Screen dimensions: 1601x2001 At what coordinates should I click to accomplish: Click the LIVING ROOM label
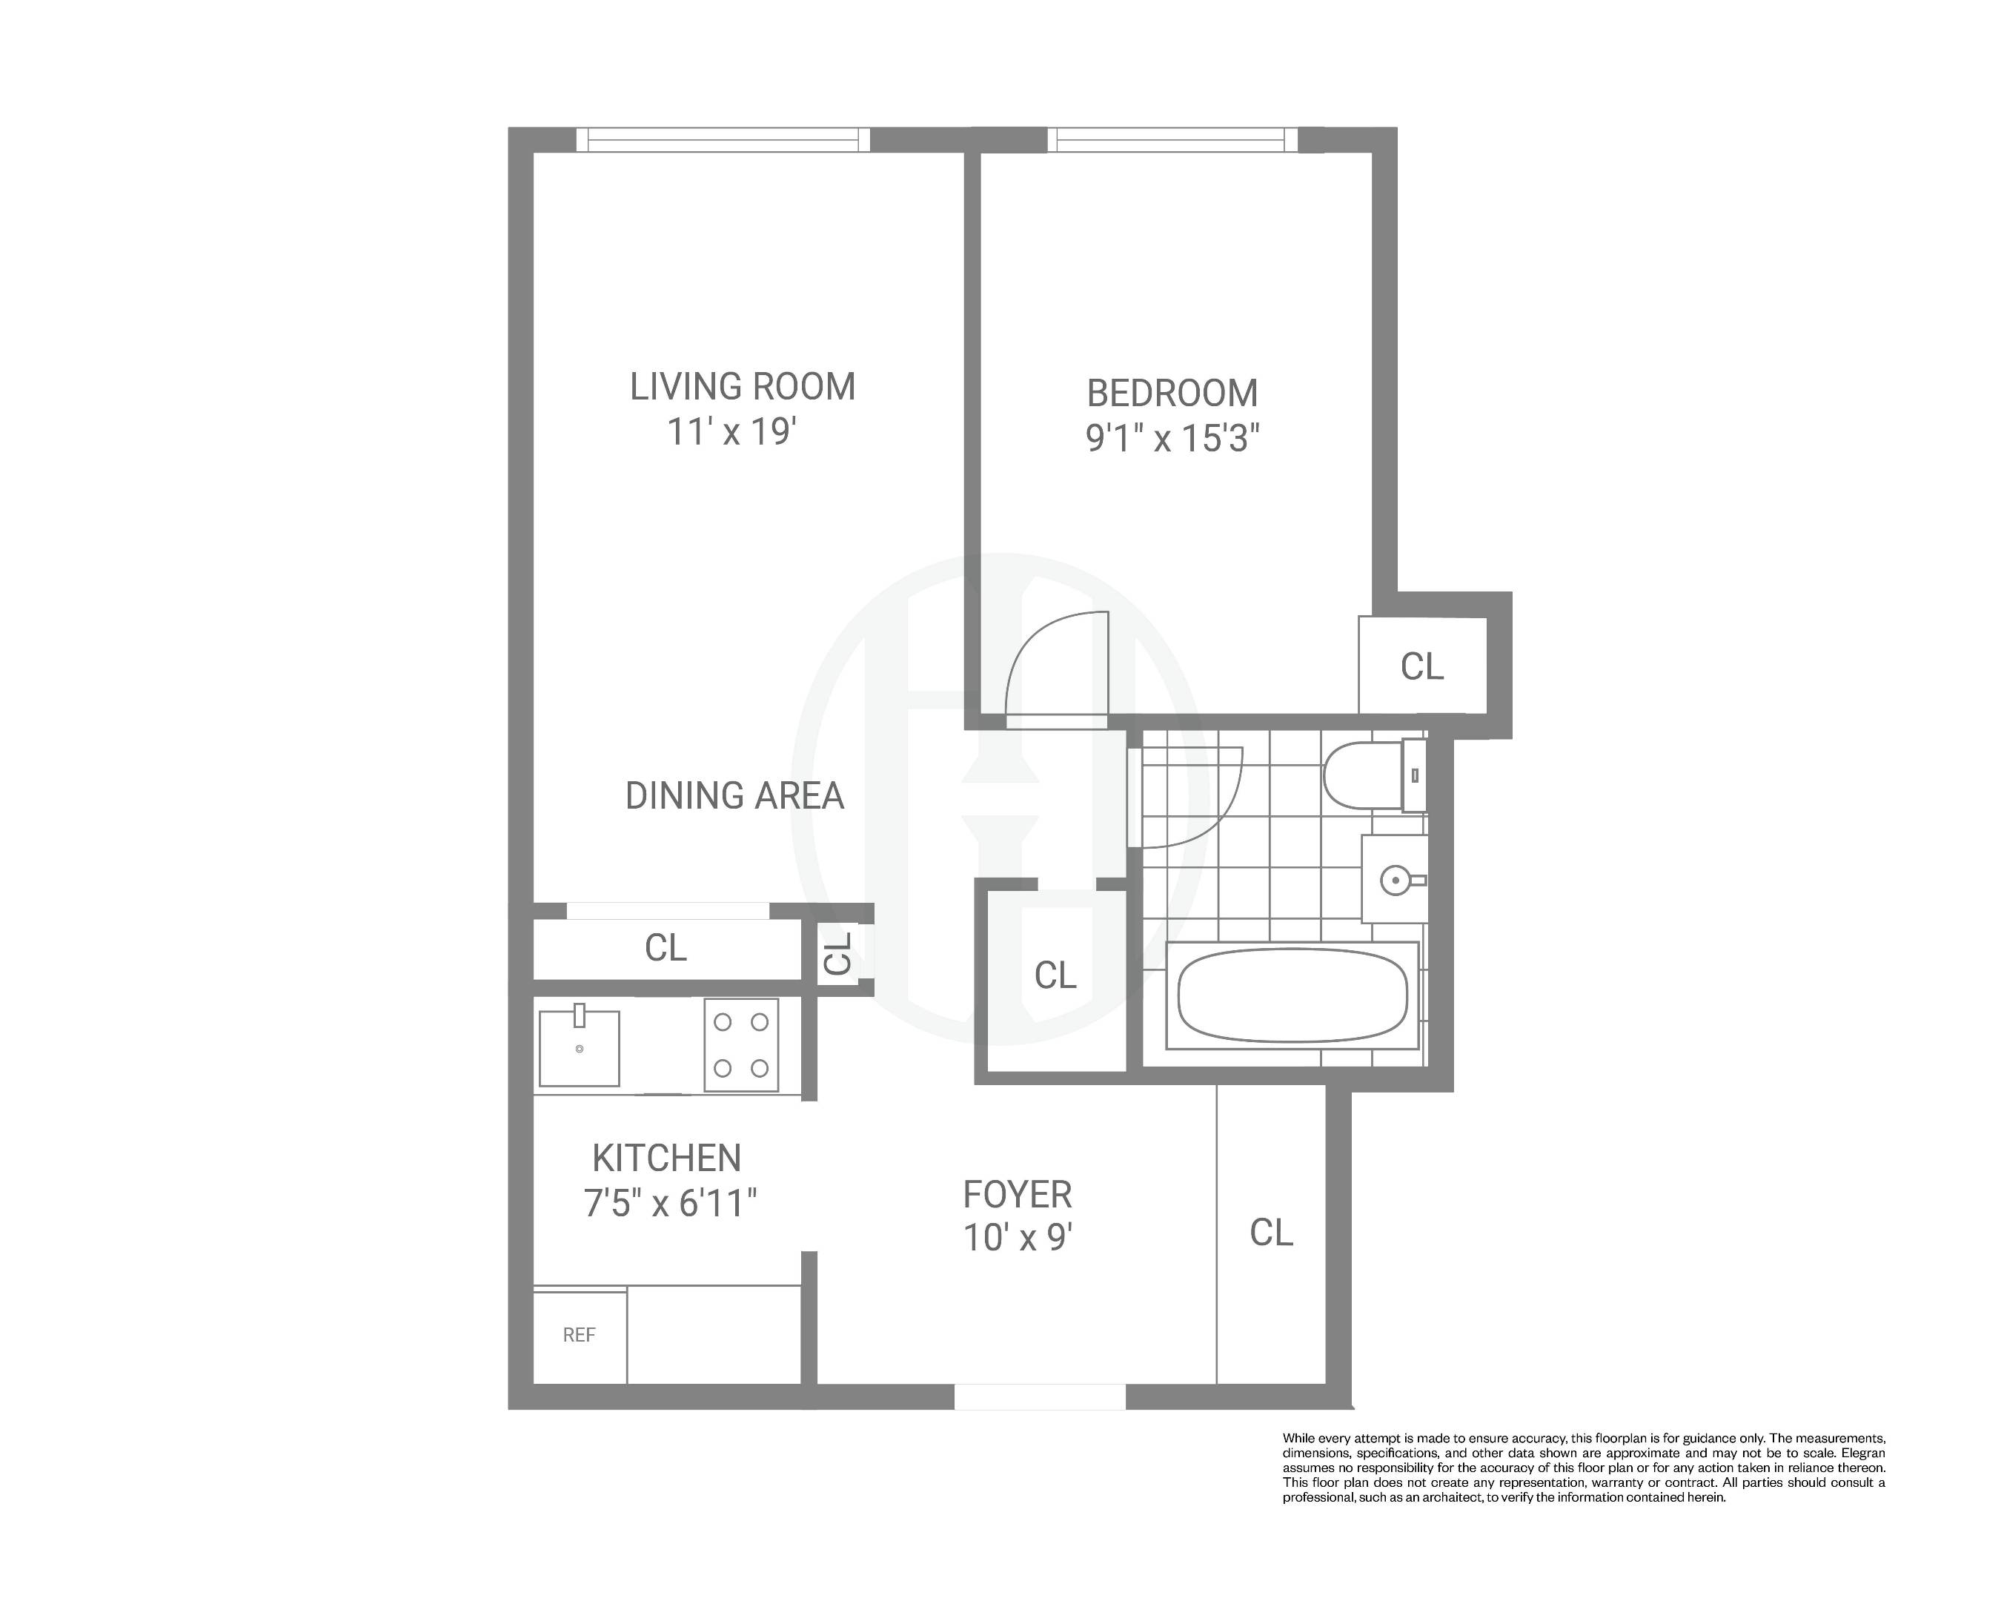coord(743,387)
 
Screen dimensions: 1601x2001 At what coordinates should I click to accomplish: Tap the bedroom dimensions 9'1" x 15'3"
coord(1172,438)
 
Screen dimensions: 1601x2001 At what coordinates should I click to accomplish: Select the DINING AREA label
coord(734,795)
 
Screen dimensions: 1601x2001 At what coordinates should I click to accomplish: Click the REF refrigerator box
coord(579,1335)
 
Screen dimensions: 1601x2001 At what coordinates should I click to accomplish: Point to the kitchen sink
coord(579,1048)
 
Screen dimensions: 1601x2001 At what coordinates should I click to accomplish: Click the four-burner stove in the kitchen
coord(740,1045)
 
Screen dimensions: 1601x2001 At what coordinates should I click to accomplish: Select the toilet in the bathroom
coord(1364,775)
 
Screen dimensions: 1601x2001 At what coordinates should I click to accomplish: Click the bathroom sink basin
coord(1395,879)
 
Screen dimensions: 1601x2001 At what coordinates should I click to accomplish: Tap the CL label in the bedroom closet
coord(1422,666)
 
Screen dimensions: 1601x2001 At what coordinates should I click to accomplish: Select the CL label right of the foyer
coord(1270,1233)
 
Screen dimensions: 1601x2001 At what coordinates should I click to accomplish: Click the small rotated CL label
coord(839,952)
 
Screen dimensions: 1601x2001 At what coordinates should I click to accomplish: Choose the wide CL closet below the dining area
coord(666,947)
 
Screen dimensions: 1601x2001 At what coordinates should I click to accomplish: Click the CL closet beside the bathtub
coord(1055,975)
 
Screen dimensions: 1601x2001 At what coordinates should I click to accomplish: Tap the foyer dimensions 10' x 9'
coord(1018,1238)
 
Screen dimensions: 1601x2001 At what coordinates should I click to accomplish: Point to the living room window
coord(723,140)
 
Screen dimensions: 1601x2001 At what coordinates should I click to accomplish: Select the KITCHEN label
coord(666,1159)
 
